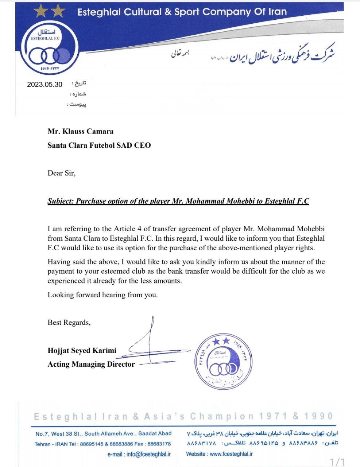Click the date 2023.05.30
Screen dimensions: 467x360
point(44,84)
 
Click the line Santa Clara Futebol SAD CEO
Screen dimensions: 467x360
point(99,145)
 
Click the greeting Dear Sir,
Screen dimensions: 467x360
point(61,173)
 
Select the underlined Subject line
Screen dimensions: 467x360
point(178,201)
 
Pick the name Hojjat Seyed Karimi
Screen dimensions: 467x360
point(82,351)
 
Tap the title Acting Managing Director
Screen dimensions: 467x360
point(91,364)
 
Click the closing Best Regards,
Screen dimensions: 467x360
point(69,323)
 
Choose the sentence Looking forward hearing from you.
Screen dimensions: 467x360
point(102,295)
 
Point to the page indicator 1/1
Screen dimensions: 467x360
point(337,462)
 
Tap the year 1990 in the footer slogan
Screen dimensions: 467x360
point(320,416)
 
